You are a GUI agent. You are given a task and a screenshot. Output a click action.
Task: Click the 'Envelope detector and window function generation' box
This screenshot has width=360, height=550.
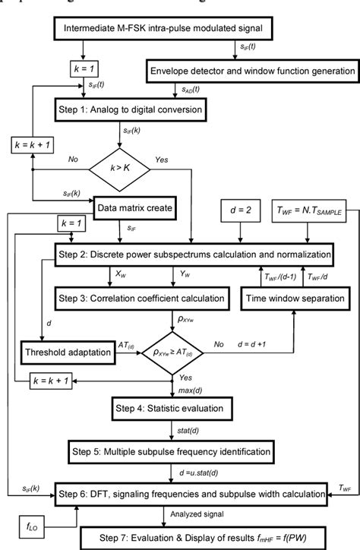coord(251,71)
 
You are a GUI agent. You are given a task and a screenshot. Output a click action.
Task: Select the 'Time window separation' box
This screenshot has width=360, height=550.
coord(292,295)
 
